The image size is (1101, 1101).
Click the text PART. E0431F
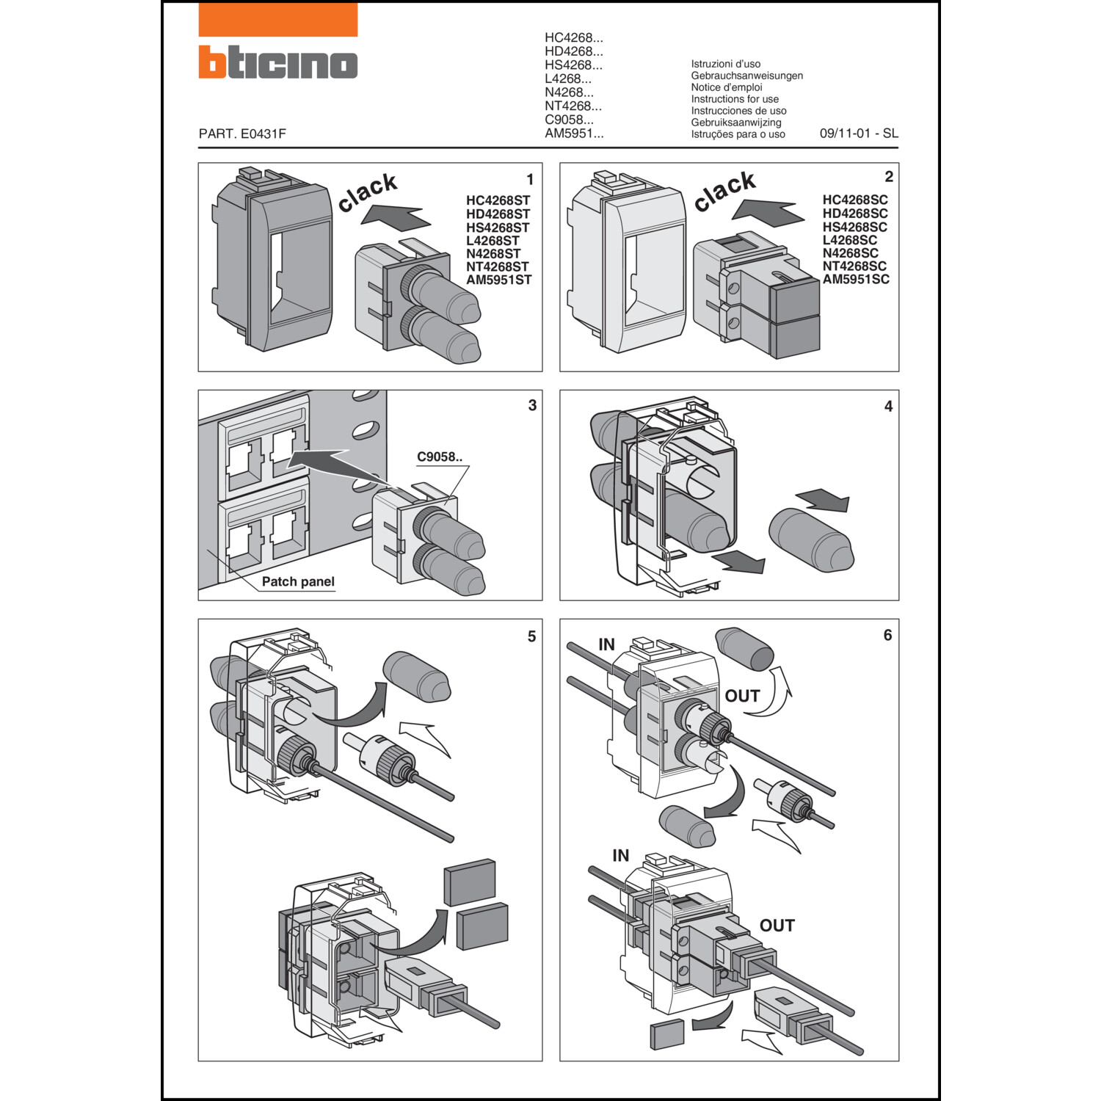(242, 134)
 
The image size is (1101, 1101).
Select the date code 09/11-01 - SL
(858, 134)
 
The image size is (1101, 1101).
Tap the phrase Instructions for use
(734, 99)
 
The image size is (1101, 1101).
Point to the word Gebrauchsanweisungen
(746, 76)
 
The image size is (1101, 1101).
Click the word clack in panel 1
(368, 193)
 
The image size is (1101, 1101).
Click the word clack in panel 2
(724, 192)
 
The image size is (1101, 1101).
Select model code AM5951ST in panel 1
(498, 280)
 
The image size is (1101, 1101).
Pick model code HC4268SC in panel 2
(854, 200)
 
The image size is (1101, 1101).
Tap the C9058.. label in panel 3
(440, 457)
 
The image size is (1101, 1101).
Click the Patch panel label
(298, 581)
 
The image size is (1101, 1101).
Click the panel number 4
(888, 407)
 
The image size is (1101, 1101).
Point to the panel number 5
(531, 636)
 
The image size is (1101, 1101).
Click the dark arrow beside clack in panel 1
(396, 217)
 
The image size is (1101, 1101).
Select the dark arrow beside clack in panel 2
(767, 212)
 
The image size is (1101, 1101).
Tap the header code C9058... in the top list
(569, 120)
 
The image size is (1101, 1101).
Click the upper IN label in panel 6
(606, 644)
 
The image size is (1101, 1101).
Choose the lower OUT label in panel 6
(777, 926)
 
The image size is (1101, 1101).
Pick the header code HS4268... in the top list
(573, 65)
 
